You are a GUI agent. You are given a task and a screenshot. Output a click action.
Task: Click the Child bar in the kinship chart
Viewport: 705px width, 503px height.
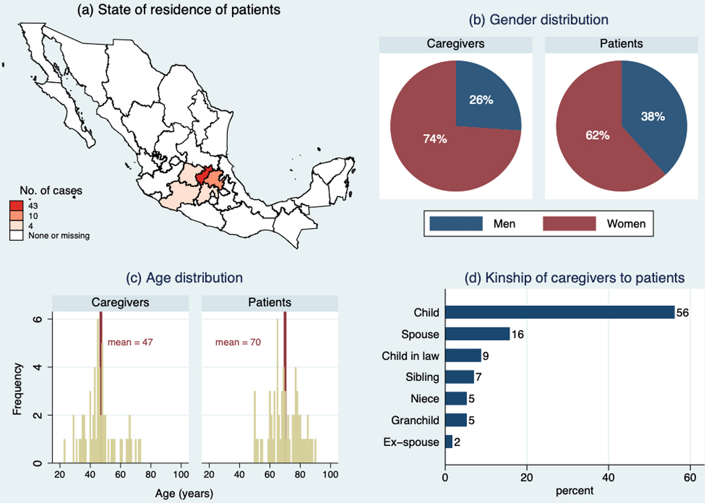coord(559,312)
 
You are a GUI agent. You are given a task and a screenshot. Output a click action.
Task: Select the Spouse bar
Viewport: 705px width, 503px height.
coord(477,334)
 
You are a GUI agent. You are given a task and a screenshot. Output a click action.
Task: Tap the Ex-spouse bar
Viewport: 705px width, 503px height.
coord(449,442)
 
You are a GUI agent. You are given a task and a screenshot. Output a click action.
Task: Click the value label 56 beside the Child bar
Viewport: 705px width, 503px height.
coord(682,313)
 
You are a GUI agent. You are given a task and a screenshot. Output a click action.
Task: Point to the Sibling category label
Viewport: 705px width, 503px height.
coord(422,377)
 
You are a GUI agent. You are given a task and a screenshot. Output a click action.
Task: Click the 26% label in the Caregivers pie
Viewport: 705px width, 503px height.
coord(481,100)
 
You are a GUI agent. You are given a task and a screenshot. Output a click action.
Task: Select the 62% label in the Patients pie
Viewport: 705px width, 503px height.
coord(597,135)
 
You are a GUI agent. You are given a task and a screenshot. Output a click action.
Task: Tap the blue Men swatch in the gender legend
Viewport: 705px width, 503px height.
coord(456,223)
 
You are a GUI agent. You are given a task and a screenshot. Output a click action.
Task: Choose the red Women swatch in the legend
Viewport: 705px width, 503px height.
coord(569,223)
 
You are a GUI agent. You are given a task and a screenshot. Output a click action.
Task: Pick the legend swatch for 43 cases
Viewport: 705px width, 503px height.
coord(16,206)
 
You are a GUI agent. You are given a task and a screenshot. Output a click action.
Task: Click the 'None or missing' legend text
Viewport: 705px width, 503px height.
coord(59,236)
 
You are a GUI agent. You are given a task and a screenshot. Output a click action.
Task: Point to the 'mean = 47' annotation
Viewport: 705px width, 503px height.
coord(130,342)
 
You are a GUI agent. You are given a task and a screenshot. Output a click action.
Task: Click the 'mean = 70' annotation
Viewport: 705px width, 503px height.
coord(238,342)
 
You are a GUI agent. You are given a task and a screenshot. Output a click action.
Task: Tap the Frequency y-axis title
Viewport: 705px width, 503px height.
coord(17,389)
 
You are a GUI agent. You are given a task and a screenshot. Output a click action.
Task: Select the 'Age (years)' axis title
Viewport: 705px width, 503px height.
coord(184,493)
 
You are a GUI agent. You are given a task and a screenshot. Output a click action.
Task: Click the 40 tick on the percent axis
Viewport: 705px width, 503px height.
coord(608,478)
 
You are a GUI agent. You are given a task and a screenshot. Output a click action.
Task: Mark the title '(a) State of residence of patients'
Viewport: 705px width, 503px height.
coord(179,10)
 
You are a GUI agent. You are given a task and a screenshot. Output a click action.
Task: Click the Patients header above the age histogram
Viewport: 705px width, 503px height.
coord(269,302)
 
